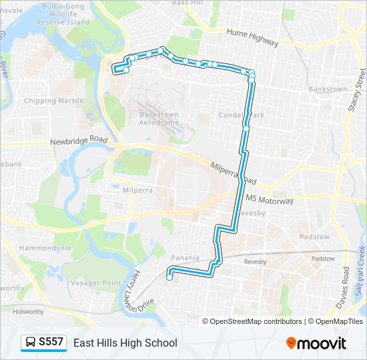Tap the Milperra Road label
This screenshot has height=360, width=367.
[x=232, y=175]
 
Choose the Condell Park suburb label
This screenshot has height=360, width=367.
[x=242, y=115]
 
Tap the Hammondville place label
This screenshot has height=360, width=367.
[x=45, y=247]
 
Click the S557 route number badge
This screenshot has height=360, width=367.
[x=51, y=343]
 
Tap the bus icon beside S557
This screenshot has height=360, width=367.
[x=31, y=343]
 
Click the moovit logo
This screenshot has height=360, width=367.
[x=316, y=343]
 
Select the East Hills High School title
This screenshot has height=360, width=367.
[x=125, y=343]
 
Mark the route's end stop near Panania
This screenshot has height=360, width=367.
[x=169, y=278]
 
